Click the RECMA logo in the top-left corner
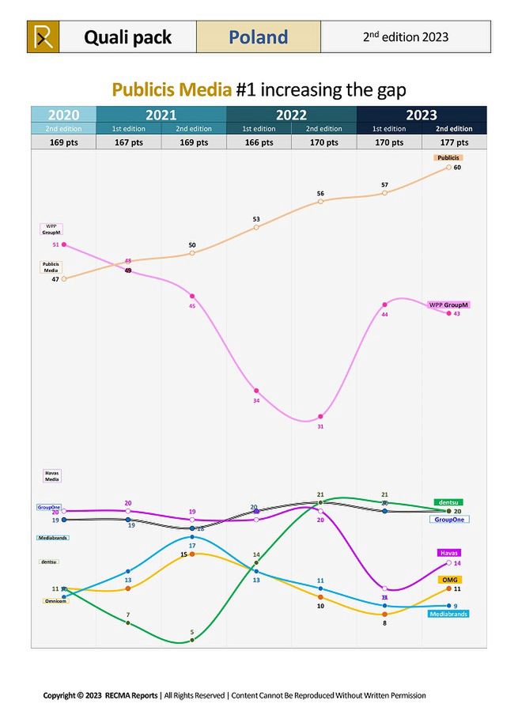pos(43,37)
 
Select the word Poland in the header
pos(258,37)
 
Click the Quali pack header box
pos(127,37)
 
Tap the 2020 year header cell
pos(63,115)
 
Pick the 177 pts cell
pos(454,142)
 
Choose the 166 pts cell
pos(259,142)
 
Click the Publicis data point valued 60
pos(448,167)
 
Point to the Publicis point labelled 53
pos(256,228)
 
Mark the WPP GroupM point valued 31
pos(320,417)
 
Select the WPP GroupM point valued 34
pos(256,391)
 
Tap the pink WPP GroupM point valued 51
pos(64,245)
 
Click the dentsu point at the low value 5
pos(192,640)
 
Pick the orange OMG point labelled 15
pos(192,554)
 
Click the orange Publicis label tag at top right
pos(448,158)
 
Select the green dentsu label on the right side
pos(448,502)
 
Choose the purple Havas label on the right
pos(448,553)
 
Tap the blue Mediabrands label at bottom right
pos(448,614)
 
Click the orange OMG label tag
pos(448,580)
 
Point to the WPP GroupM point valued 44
pos(385,305)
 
